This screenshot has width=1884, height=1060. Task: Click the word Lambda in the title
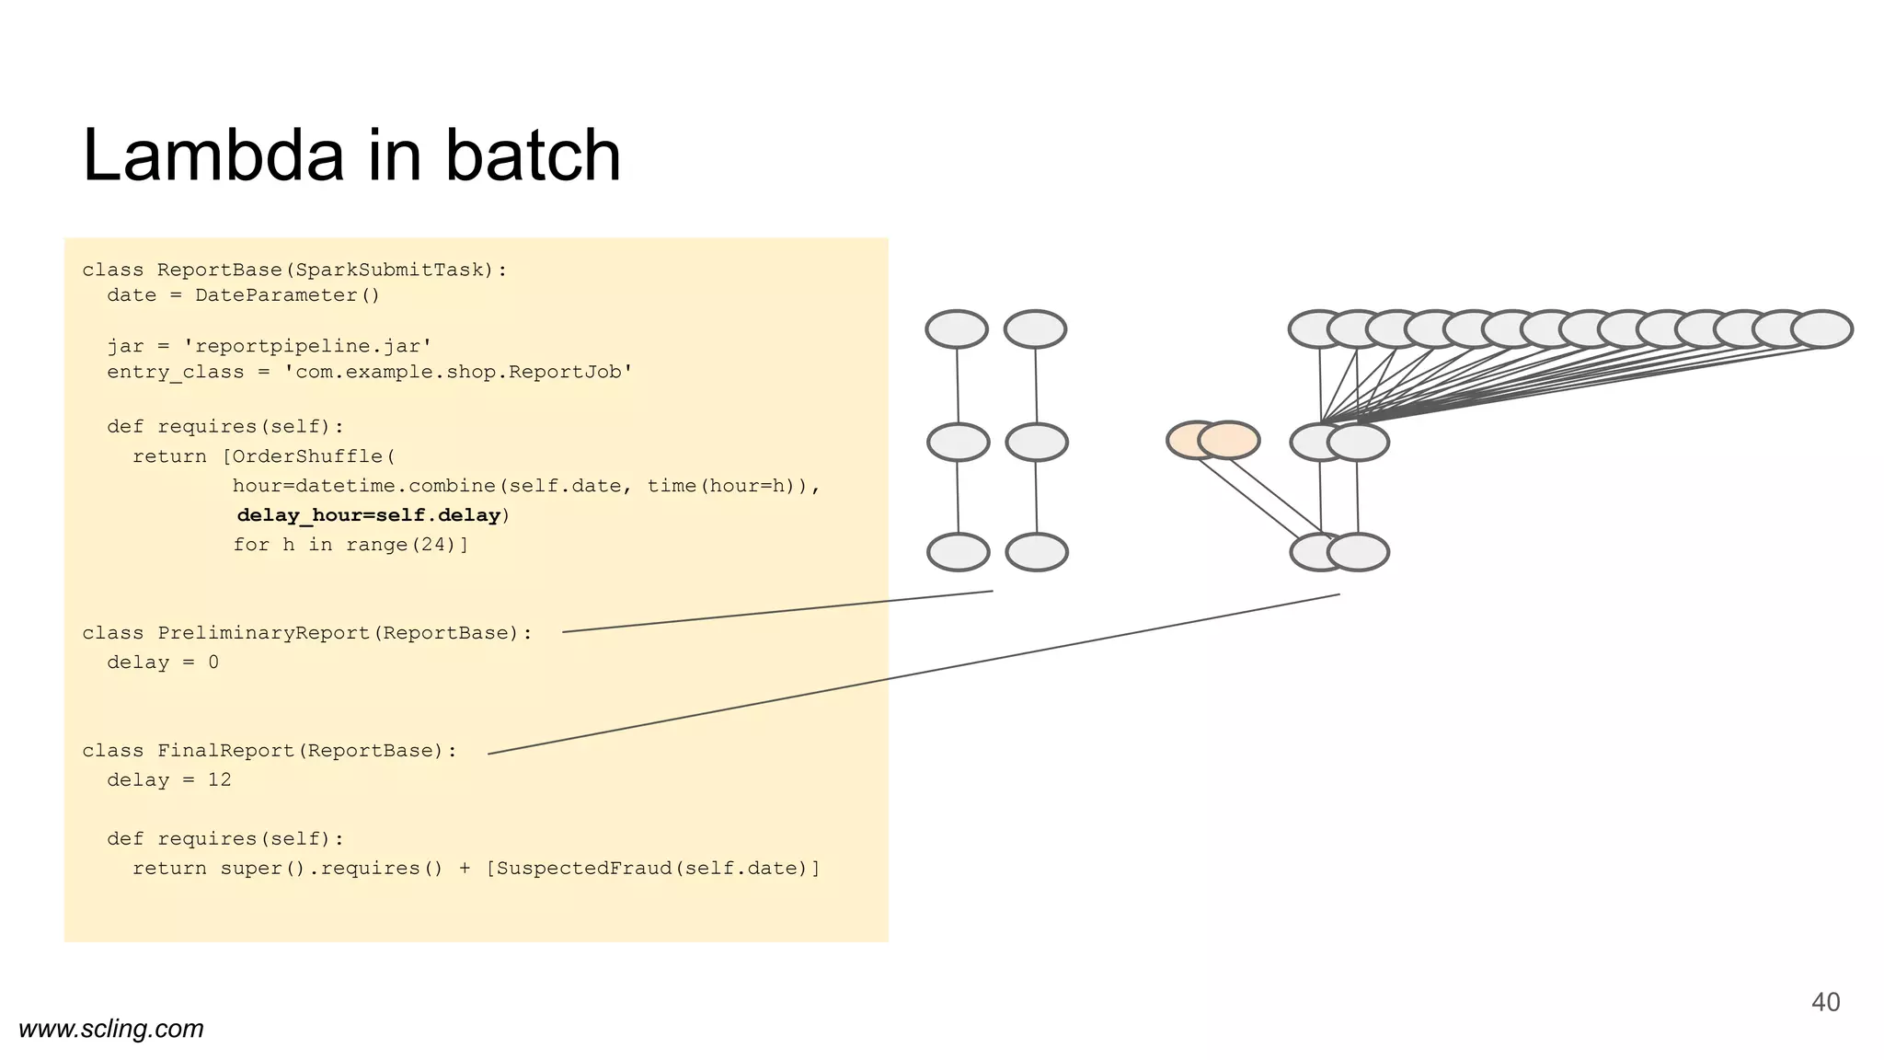[x=213, y=156]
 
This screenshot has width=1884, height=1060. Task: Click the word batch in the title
[x=533, y=156]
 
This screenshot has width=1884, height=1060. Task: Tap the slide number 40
[x=1825, y=1002]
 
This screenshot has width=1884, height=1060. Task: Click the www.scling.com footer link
[x=111, y=1029]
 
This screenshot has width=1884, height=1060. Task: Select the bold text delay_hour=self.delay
[x=369, y=515]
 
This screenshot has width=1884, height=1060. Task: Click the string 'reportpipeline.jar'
[x=307, y=347]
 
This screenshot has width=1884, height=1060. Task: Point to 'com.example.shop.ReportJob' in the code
[x=458, y=373]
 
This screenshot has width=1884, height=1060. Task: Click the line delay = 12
[x=169, y=780]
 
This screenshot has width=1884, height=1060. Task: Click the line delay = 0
[x=163, y=662]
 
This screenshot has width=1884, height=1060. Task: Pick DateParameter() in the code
[x=287, y=295]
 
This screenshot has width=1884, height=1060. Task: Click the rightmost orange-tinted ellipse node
[x=1229, y=440]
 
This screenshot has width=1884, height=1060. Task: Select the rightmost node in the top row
[x=1821, y=328]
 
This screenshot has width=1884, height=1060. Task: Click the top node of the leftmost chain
[x=957, y=328]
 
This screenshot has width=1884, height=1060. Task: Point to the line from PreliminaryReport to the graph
[x=777, y=611]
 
